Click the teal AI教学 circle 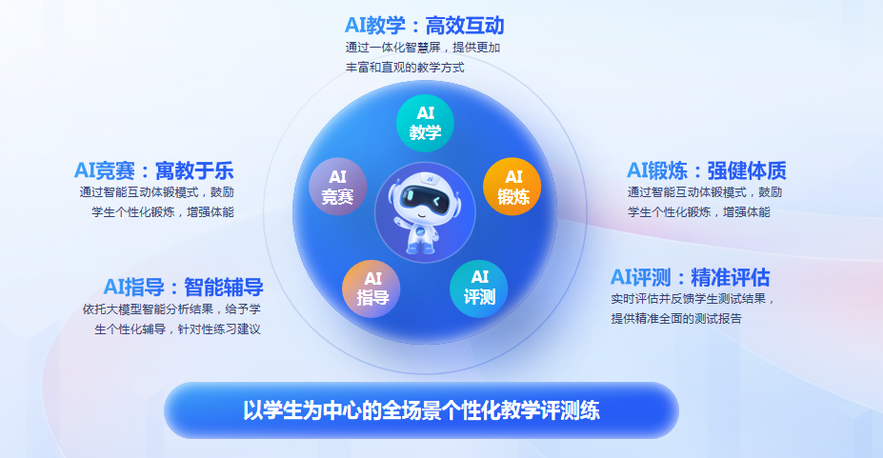(425, 123)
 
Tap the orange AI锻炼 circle (512, 187)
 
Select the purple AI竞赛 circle (338, 187)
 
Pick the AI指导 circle (371, 289)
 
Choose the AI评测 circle (479, 289)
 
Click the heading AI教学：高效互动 (425, 26)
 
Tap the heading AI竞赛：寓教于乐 (153, 170)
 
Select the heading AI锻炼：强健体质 (707, 170)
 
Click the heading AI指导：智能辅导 (184, 287)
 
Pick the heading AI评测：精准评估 (691, 277)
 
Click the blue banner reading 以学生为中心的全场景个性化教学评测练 (421, 410)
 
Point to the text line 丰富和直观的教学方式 (405, 68)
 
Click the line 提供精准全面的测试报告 (676, 318)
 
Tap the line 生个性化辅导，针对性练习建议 (177, 329)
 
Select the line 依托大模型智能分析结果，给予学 (171, 309)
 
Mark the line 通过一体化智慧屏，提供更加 (423, 48)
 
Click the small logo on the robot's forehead (430, 178)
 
